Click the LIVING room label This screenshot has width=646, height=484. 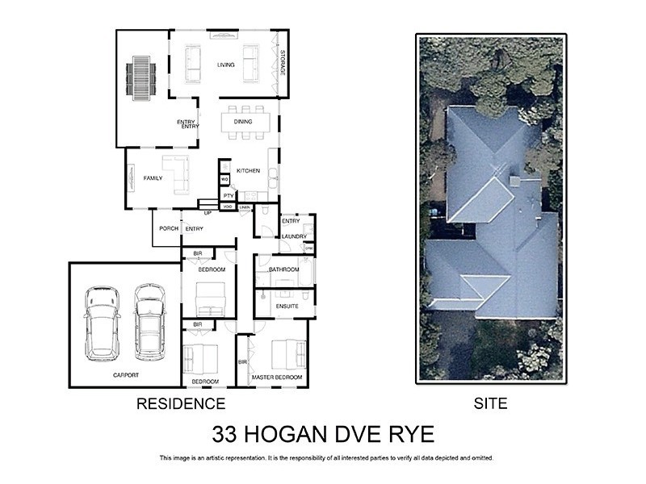point(226,65)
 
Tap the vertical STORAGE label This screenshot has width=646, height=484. point(283,64)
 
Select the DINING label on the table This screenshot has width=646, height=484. point(243,122)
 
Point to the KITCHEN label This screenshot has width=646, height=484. point(248,171)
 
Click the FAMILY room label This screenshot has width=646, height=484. point(153,178)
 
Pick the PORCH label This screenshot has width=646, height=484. point(168,228)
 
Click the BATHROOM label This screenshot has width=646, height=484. point(284,269)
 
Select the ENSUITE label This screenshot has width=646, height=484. point(287,307)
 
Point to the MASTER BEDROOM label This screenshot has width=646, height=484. point(277,378)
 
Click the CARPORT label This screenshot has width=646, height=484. point(125,375)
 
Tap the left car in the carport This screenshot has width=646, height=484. point(102,323)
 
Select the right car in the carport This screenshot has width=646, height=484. point(149,320)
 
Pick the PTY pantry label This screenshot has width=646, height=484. point(228,196)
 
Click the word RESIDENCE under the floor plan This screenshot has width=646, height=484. point(180,404)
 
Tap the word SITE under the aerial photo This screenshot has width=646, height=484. point(490,404)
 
